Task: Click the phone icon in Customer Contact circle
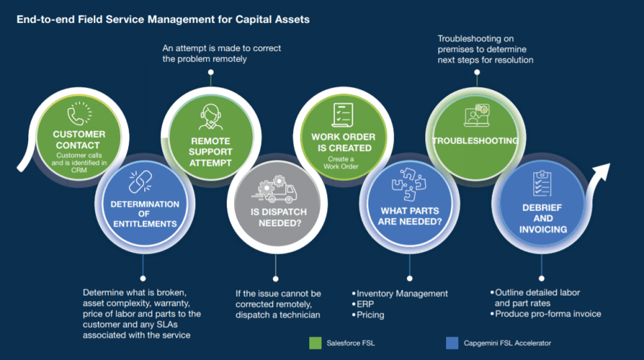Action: point(78,113)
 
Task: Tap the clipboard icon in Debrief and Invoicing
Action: point(542,183)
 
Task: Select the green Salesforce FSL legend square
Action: point(315,343)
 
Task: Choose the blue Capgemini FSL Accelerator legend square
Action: point(451,343)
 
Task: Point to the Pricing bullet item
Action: point(370,315)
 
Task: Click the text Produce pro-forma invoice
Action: point(548,314)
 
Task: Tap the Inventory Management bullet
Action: point(402,294)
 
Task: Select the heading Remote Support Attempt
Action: point(210,152)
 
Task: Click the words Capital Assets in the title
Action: point(272,19)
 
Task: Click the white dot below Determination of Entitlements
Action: point(143,277)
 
